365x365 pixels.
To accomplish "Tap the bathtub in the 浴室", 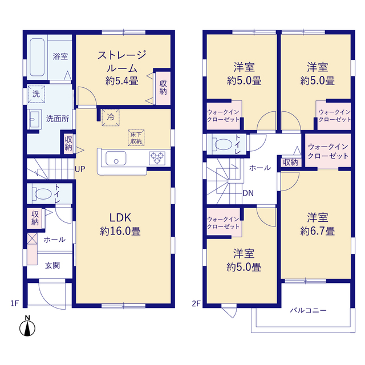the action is point(37,57).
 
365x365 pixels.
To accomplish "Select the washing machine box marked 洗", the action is point(36,94).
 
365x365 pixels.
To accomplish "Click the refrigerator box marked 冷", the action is point(111,117).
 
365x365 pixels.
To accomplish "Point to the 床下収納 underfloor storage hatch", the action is point(136,138).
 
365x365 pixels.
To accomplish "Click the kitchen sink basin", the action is point(116,159).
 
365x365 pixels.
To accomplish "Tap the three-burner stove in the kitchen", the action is point(157,158).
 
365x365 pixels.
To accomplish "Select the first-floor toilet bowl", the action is point(42,194).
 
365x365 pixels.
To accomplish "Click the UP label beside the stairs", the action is point(80,169).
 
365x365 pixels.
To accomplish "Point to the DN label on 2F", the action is point(248,193).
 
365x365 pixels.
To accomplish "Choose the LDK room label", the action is point(120,218).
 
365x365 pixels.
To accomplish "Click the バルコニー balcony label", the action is point(308,310).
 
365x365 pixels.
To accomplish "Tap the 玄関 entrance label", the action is point(52,265).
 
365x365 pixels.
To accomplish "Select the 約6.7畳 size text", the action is point(318,232).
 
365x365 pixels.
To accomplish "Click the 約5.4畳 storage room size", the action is point(122,81).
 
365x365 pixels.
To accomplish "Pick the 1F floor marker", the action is point(14,303).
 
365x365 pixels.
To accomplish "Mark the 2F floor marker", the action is point(196,303).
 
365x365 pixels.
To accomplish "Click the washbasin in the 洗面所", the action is point(35,119).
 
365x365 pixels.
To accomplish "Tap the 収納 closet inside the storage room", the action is point(163,88).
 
